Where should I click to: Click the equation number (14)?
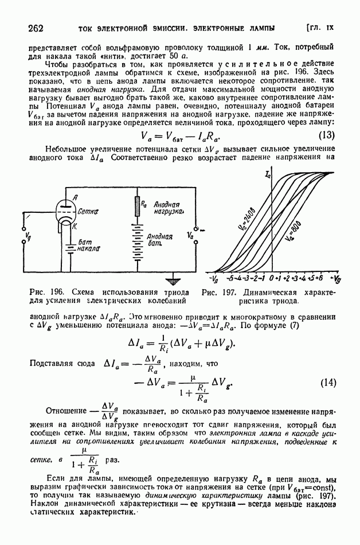point(326,381)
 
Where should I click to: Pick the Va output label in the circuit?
point(191,235)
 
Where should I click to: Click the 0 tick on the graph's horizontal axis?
point(271,278)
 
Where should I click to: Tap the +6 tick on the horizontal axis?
point(319,278)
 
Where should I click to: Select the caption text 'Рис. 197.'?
point(215,291)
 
